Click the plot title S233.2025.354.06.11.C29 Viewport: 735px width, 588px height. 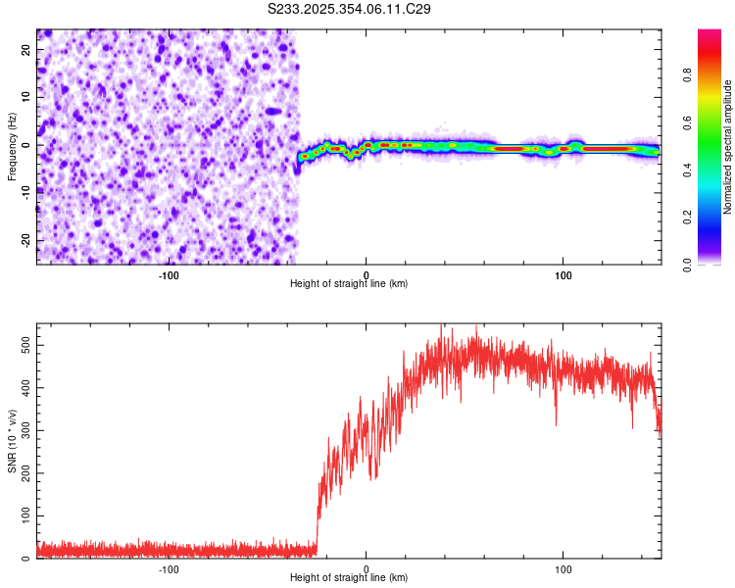click(x=349, y=9)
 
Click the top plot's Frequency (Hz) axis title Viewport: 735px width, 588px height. click(x=12, y=146)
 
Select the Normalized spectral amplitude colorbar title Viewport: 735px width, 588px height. click(x=728, y=147)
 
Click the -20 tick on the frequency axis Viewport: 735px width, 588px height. click(x=26, y=240)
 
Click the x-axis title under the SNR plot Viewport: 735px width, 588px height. click(x=349, y=578)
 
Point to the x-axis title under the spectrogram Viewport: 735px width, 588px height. click(x=349, y=284)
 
